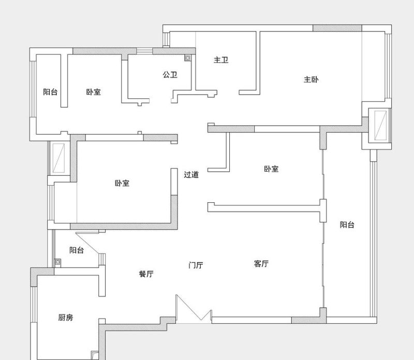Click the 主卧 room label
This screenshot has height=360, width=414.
pyautogui.click(x=311, y=80)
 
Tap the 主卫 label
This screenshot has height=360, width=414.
pyautogui.click(x=221, y=60)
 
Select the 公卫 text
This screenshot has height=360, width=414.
pyautogui.click(x=170, y=75)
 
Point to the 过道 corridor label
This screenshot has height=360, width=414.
pyautogui.click(x=191, y=174)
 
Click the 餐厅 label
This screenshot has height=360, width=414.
pyautogui.click(x=146, y=274)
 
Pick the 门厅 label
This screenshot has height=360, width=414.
pyautogui.click(x=196, y=265)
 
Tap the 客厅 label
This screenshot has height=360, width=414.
pyautogui.click(x=261, y=264)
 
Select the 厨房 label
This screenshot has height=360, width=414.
pyautogui.click(x=66, y=318)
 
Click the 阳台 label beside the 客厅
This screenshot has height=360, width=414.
pyautogui.click(x=347, y=224)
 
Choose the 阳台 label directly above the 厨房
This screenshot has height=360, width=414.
pyautogui.click(x=77, y=250)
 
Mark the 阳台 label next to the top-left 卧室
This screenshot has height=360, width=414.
pyautogui.click(x=50, y=92)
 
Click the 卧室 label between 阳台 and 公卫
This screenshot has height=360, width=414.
pyautogui.click(x=94, y=92)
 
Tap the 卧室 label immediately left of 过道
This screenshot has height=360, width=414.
pyautogui.click(x=122, y=183)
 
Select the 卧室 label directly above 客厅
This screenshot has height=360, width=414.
pyautogui.click(x=271, y=169)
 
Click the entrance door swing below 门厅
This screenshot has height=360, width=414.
pyautogui.click(x=193, y=310)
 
